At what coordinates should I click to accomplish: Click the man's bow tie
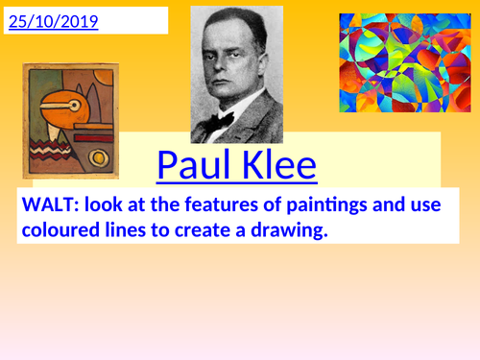pos(226,121)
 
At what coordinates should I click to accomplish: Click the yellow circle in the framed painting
pos(97,156)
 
